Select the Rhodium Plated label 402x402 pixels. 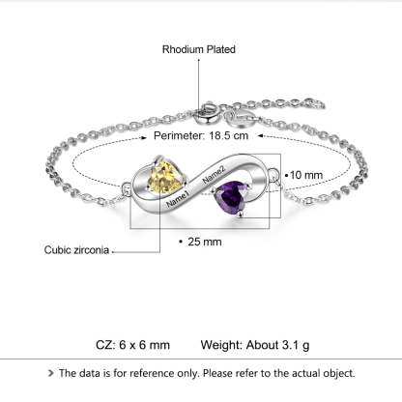pos(199,49)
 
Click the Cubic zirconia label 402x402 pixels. pos(78,248)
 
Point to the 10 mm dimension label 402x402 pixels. pos(307,174)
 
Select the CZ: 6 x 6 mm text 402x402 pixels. pos(132,345)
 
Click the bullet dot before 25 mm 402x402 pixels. pos(183,241)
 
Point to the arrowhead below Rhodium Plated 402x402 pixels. pos(200,61)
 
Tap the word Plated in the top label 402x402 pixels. pos(219,49)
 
